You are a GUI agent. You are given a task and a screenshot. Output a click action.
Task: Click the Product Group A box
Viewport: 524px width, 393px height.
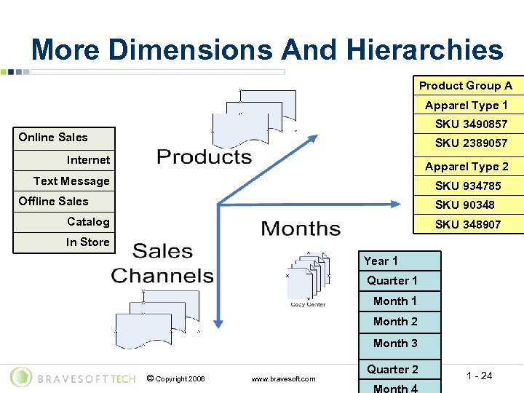point(466,85)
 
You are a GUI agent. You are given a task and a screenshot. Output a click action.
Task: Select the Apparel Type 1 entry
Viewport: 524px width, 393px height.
point(467,106)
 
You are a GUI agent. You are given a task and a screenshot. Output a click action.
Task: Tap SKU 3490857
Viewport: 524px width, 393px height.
point(471,124)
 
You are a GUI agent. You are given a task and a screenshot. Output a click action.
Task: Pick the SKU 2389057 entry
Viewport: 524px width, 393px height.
point(471,143)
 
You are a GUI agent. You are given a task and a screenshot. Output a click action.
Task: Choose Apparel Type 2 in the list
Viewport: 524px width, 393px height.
point(467,166)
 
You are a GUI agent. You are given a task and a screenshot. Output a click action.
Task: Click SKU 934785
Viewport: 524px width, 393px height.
point(468,186)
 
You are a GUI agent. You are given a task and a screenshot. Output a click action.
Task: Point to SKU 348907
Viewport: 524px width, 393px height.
point(468,224)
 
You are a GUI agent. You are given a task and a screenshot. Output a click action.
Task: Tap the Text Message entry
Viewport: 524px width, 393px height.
point(71,181)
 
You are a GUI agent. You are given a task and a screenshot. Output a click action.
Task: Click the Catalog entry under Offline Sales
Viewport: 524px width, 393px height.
point(88,222)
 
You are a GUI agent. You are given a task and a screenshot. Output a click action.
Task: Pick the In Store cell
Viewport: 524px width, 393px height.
point(87,242)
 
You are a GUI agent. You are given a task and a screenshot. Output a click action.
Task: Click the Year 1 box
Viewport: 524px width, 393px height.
point(381,261)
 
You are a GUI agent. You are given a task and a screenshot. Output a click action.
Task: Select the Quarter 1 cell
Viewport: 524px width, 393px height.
point(392,281)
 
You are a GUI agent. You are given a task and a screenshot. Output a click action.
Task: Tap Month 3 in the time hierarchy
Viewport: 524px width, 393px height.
point(395,344)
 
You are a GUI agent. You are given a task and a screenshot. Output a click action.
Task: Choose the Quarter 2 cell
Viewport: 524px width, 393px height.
point(392,370)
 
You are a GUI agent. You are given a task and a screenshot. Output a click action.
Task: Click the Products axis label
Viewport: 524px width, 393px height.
point(205,156)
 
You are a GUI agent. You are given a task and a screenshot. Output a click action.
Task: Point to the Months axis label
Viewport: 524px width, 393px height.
point(301,229)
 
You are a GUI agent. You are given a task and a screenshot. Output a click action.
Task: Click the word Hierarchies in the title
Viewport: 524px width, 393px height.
point(424,50)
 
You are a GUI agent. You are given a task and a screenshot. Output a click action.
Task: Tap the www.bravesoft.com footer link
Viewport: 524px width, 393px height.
point(283,378)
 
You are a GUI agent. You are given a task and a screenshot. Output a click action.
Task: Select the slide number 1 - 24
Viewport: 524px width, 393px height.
point(480,376)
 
